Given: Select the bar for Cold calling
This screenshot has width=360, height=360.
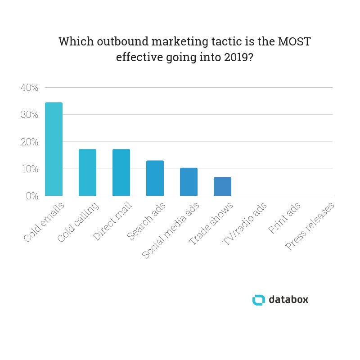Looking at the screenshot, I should (x=87, y=173).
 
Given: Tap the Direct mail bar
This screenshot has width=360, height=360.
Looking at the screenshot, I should (x=121, y=173).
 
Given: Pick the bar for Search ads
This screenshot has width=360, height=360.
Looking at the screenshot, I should (x=155, y=178).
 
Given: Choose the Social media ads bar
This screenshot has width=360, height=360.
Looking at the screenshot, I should (x=189, y=182).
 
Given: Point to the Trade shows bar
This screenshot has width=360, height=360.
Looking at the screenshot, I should (x=222, y=187).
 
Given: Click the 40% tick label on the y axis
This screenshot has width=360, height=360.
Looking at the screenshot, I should (x=29, y=88).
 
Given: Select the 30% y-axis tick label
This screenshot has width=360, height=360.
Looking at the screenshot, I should (x=29, y=115).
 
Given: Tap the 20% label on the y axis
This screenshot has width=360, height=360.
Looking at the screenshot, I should (x=29, y=142).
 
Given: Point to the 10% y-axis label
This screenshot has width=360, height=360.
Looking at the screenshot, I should (x=29, y=169).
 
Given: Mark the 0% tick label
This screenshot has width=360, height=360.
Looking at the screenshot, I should (x=31, y=196).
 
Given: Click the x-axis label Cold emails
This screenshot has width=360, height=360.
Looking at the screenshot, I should (x=44, y=223).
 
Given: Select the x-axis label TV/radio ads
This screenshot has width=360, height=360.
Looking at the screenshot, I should (x=244, y=224).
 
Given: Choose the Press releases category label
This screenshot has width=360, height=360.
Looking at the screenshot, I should (x=310, y=226).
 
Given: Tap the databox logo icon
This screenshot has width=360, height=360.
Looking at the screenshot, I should (x=259, y=300).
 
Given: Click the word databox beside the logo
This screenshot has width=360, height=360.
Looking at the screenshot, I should (x=288, y=300).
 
